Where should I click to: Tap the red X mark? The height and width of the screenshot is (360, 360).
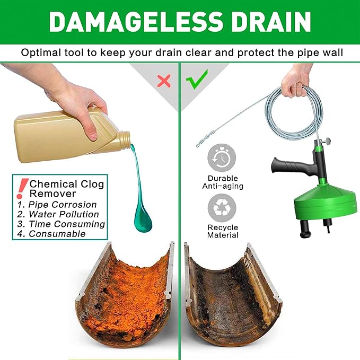coord(164,81)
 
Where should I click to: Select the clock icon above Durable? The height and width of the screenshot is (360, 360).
coord(221,157)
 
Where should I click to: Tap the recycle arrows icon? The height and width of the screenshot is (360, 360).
coord(221,208)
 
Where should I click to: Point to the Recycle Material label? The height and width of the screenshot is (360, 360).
coord(223,231)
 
